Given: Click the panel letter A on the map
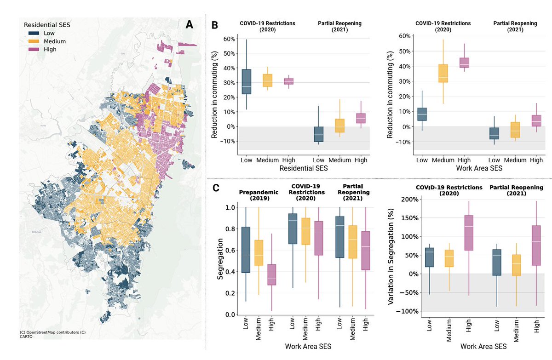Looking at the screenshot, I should click(x=189, y=25).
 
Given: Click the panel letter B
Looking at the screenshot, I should click(x=214, y=25).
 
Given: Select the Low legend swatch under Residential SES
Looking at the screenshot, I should click(x=33, y=34).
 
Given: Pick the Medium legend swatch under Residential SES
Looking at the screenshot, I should click(x=33, y=41).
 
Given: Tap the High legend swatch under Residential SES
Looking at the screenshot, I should click(x=33, y=49).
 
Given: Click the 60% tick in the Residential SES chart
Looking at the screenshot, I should click(x=229, y=39).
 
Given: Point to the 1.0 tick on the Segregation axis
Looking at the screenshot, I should click(x=230, y=208).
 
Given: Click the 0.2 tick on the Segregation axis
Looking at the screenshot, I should click(x=230, y=293).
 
